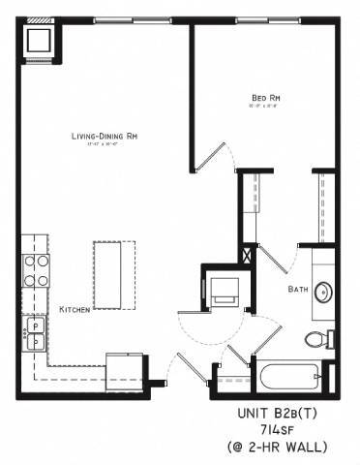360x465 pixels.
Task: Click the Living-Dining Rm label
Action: pyautogui.click(x=104, y=137)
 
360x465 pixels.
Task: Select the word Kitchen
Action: pyautogui.click(x=75, y=309)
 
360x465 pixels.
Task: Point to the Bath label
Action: pyautogui.click(x=297, y=290)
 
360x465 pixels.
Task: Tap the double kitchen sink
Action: pyautogui.click(x=35, y=332)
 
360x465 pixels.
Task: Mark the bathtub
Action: pyautogui.click(x=281, y=376)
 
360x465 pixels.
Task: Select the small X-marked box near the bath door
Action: pyautogui.click(x=249, y=256)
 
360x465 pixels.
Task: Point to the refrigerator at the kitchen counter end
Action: pyautogui.click(x=126, y=367)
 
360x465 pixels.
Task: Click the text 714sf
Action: pyautogui.click(x=286, y=429)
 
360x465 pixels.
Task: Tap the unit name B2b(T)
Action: pyautogui.click(x=285, y=413)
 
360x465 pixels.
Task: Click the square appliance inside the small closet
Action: pyautogui.click(x=225, y=290)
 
